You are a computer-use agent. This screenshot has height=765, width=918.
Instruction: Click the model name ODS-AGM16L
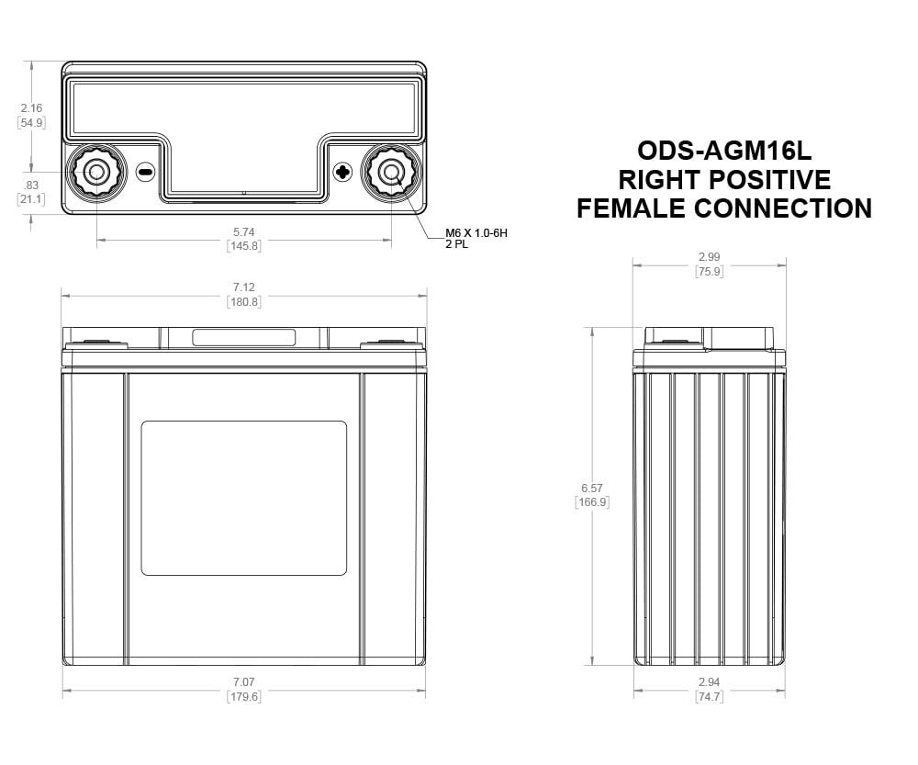tap(724, 152)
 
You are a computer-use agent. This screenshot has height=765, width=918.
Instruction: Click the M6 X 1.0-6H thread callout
tap(476, 233)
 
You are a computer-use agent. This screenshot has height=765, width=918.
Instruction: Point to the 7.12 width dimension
tap(243, 287)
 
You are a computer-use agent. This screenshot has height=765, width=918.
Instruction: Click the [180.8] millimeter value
tap(243, 301)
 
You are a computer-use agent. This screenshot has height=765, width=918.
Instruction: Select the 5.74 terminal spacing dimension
tap(243, 232)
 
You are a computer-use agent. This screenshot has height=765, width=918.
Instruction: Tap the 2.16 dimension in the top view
tap(31, 107)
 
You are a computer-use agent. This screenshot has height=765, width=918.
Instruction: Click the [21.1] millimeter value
tap(31, 199)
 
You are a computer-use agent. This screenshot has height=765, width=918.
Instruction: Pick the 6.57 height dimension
tap(592, 488)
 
